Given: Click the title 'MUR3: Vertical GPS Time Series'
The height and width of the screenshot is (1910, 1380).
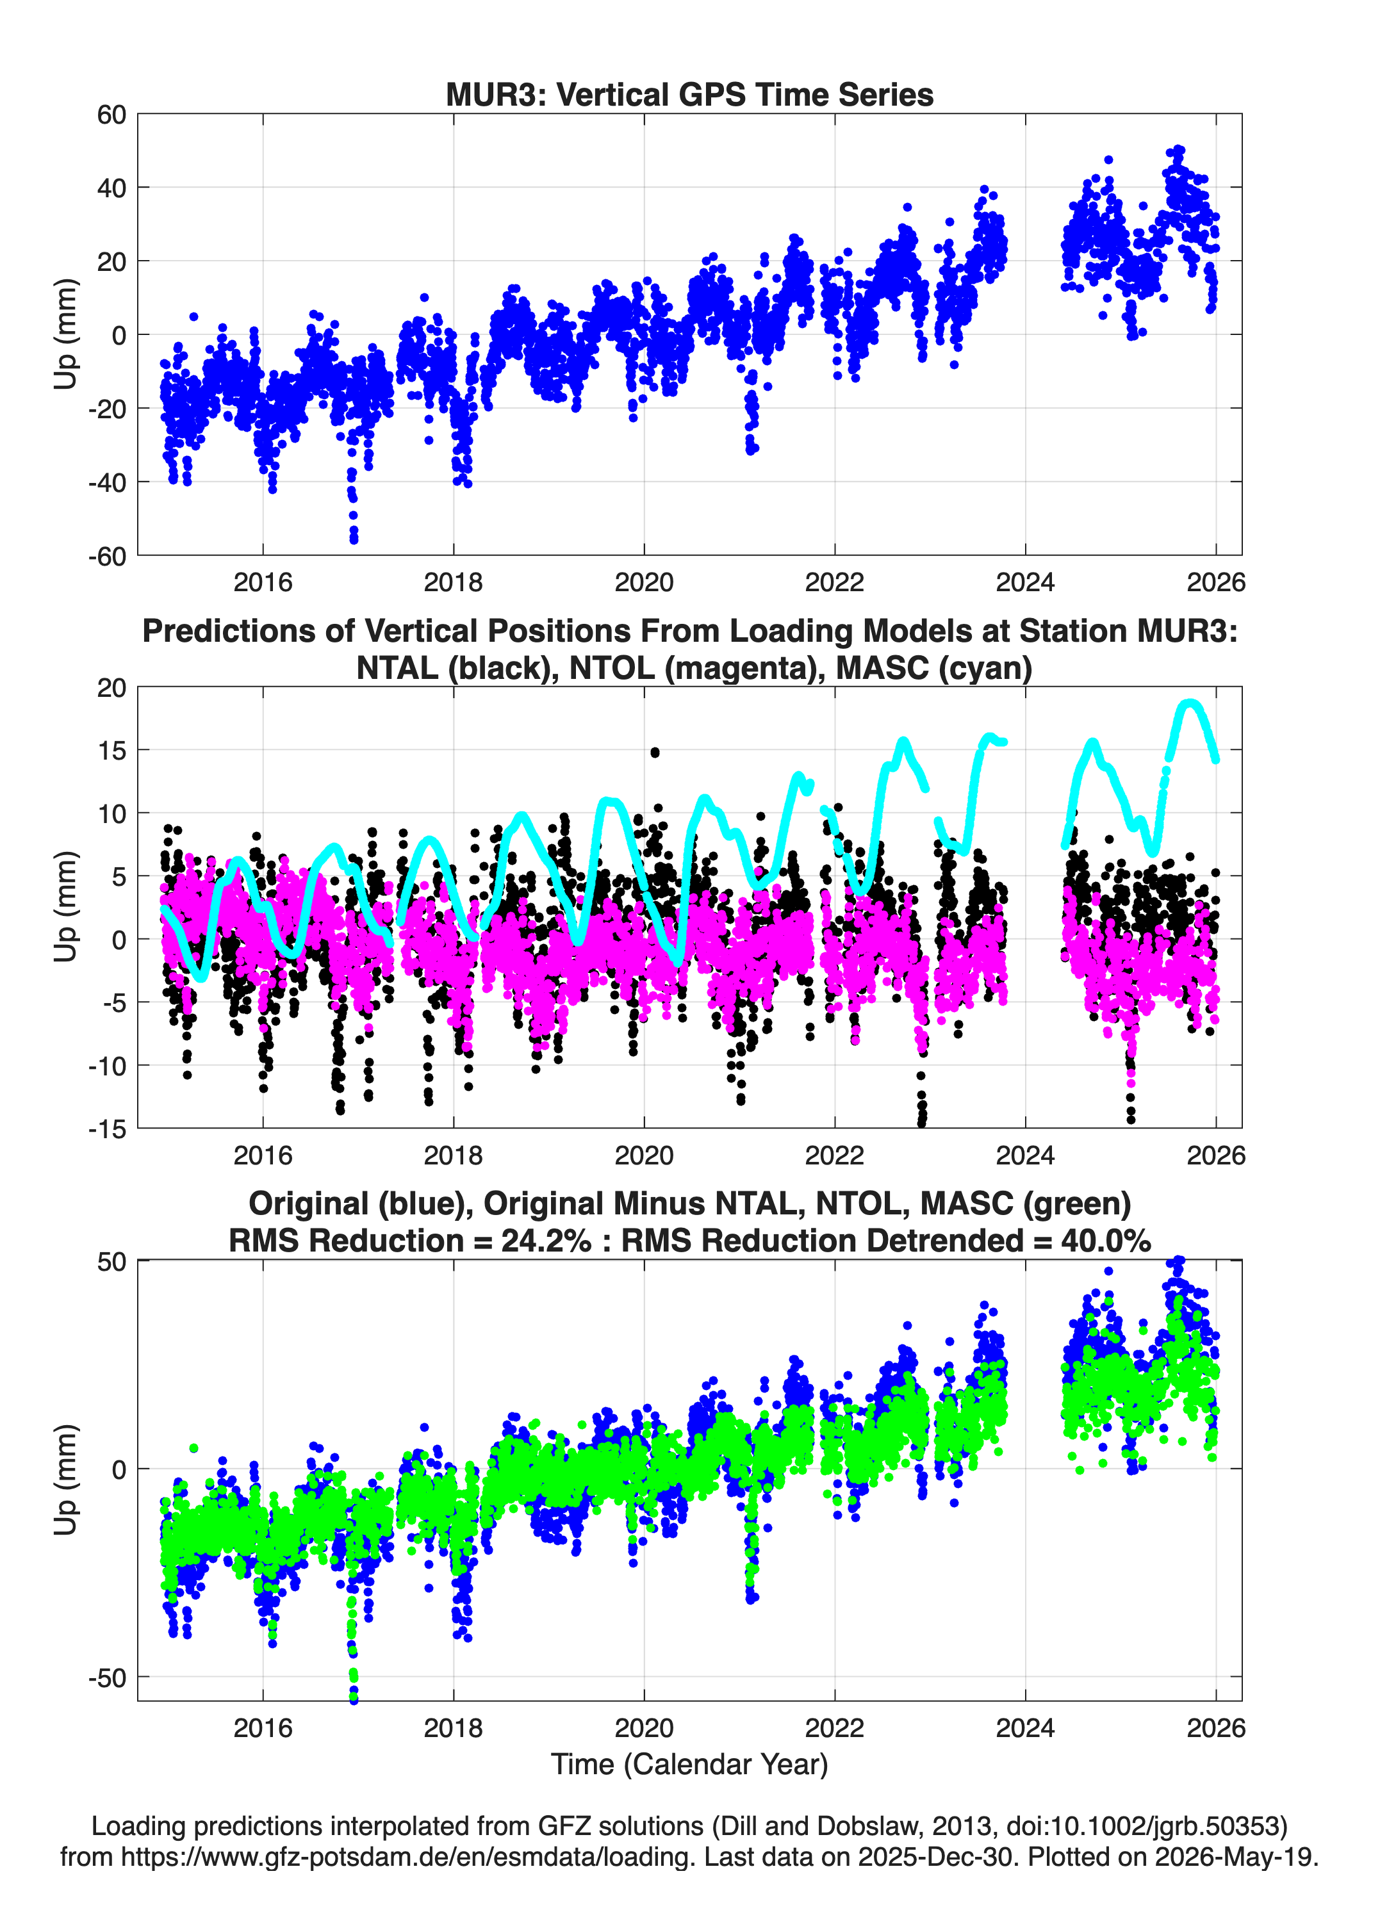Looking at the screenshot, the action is (689, 94).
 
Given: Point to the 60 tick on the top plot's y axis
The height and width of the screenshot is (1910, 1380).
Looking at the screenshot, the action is (111, 115).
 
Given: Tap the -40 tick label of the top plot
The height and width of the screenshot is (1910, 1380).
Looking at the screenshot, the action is (107, 482).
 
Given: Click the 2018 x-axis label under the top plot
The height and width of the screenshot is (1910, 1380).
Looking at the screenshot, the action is (453, 582).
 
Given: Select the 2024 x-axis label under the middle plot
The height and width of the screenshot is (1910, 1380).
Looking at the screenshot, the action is (1025, 1155).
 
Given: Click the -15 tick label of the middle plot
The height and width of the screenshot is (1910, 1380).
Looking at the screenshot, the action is (107, 1129).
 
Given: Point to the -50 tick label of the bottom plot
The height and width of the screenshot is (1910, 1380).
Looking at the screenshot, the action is (107, 1677).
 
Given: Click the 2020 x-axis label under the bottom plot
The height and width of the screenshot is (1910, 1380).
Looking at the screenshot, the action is (644, 1728).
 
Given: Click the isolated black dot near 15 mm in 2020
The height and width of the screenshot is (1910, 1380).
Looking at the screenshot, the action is (655, 752).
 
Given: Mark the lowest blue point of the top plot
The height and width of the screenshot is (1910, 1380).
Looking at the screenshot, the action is (354, 539).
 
